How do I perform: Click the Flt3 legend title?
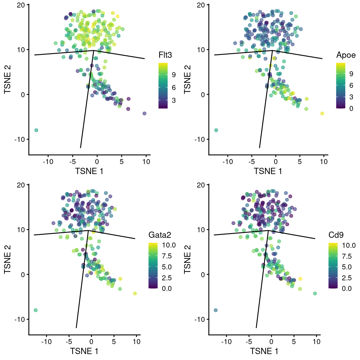pos(165,55)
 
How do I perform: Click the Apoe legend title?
pos(346,55)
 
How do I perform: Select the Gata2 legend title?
pos(160,235)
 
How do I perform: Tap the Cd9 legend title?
pos(336,235)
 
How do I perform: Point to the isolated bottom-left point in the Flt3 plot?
pos(36,130)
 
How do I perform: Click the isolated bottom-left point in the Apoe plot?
pos(216,130)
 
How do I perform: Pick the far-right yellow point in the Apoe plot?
pos(322,113)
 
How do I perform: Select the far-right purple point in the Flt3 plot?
pos(144,113)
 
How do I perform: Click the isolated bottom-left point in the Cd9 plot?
pos(216,310)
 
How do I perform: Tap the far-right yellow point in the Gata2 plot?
pos(135,293)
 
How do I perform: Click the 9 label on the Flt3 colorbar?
pos(174,75)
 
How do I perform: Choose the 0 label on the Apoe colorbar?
pos(351,109)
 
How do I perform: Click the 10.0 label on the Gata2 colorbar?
pos(169,245)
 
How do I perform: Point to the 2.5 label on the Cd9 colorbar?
pos(347,278)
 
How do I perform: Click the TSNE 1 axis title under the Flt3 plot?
pos(89,171)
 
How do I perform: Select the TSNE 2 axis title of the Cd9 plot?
pos(187,259)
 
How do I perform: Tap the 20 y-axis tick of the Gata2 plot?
pos(21,185)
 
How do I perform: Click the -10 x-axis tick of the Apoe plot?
pos(227,162)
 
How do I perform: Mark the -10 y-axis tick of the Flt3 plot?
pos(19,139)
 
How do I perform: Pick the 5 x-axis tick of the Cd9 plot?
pos(294,342)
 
